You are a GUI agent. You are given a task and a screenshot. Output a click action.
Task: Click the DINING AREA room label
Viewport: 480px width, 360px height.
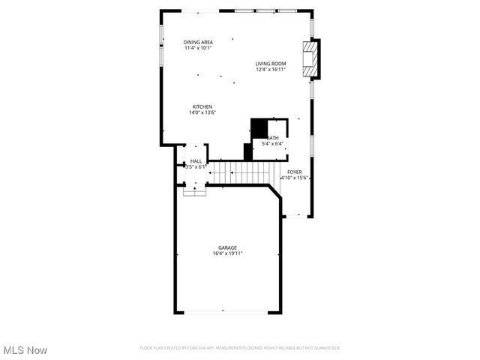click(x=199, y=42)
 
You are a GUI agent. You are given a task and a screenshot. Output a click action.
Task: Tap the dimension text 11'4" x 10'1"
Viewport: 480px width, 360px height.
click(x=199, y=48)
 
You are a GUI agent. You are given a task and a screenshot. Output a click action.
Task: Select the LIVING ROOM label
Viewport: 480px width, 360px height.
click(x=271, y=64)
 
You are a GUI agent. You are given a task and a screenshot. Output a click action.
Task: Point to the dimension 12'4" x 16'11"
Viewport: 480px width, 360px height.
click(x=271, y=70)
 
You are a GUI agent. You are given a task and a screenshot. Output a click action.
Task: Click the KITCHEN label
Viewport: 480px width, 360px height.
click(x=202, y=107)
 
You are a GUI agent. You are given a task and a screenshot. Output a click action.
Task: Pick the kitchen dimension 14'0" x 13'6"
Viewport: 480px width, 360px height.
click(x=203, y=113)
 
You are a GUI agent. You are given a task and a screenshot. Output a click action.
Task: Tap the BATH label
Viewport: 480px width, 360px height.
click(x=274, y=138)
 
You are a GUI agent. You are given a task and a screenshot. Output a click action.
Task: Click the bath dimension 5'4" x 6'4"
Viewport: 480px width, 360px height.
click(x=271, y=144)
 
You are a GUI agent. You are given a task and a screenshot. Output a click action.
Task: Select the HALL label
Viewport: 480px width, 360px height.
click(x=196, y=161)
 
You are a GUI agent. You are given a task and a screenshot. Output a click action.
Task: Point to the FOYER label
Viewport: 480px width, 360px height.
click(x=294, y=172)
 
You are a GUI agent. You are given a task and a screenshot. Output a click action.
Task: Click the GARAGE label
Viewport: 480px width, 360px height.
click(x=227, y=247)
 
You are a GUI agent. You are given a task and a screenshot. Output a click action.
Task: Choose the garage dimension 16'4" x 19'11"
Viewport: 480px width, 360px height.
click(x=227, y=253)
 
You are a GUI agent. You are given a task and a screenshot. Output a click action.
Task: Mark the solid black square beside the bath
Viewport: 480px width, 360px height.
click(x=259, y=128)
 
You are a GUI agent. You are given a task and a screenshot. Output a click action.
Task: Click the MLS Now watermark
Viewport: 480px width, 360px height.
click(x=25, y=350)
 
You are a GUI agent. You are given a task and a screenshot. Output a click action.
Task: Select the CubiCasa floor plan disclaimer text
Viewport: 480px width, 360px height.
click(x=240, y=348)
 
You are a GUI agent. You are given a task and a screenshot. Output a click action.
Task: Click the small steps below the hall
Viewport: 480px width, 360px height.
click(x=195, y=190)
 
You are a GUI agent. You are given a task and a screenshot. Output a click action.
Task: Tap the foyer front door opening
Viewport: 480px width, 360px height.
click(x=297, y=216)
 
